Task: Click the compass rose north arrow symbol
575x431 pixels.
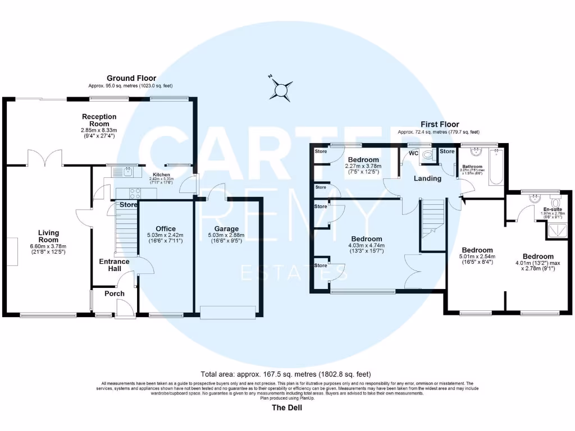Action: click(280, 88)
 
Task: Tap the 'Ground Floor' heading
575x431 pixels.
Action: click(132, 79)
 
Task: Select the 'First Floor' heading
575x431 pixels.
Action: click(440, 125)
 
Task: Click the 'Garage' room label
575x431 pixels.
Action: click(226, 229)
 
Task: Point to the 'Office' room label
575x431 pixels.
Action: click(166, 229)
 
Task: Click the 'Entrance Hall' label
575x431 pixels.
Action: click(114, 265)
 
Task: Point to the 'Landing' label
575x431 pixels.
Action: click(428, 178)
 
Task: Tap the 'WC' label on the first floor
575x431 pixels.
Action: click(413, 153)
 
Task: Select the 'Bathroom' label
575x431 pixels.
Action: click(472, 167)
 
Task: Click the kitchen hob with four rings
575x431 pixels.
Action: click(135, 193)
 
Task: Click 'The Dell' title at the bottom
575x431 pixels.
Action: click(287, 408)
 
